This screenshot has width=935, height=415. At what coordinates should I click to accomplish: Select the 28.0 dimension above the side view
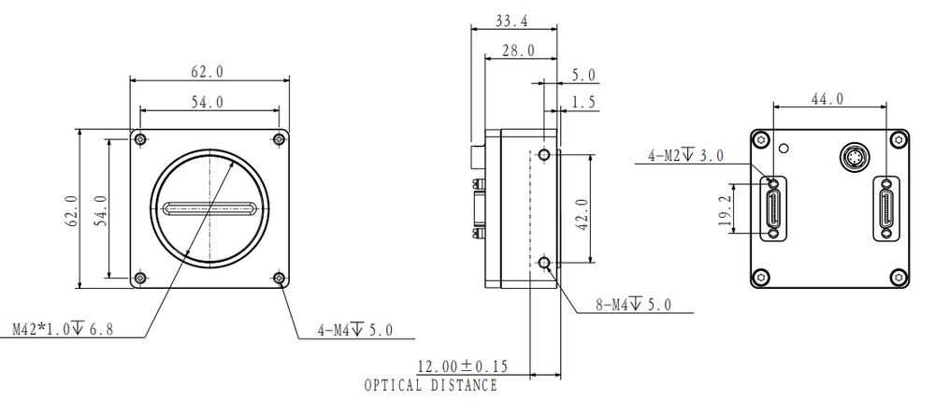point(518,50)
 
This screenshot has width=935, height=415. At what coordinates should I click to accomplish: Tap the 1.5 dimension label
point(584,103)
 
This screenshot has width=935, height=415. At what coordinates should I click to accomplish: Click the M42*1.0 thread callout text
point(62,329)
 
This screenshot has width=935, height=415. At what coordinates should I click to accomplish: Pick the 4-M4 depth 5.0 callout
point(354,330)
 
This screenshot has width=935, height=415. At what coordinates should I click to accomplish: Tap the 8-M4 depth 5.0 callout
point(633,304)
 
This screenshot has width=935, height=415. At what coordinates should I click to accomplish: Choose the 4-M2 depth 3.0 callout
point(685,155)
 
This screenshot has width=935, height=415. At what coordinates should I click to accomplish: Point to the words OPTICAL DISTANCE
point(430,385)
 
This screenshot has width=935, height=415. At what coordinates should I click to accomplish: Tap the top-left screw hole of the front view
point(140,140)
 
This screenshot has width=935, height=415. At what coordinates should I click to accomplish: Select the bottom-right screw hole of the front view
point(279,279)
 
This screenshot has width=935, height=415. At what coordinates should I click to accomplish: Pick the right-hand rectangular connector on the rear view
point(885,208)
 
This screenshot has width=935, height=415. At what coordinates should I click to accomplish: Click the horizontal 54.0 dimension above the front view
point(208,101)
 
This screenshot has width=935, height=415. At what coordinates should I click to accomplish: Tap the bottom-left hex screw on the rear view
point(762,277)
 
